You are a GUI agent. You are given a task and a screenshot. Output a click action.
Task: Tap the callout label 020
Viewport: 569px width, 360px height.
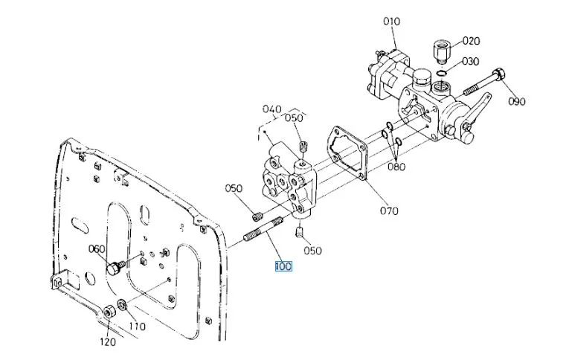[x=471, y=41]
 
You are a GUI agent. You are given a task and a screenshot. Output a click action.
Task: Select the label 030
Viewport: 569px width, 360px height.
[x=470, y=62]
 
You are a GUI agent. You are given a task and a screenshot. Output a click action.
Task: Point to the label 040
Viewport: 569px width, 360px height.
[x=271, y=108]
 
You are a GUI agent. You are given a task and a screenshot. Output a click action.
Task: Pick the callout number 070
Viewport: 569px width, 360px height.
[x=389, y=210]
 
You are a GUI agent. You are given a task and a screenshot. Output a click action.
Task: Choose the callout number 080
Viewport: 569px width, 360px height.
[x=396, y=167]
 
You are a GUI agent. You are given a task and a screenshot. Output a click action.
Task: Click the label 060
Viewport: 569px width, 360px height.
[x=97, y=248]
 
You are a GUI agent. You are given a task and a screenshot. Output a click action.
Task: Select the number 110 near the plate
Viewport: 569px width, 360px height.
[x=137, y=327]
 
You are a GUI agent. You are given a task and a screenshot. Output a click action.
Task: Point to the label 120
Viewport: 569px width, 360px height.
[x=108, y=342]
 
